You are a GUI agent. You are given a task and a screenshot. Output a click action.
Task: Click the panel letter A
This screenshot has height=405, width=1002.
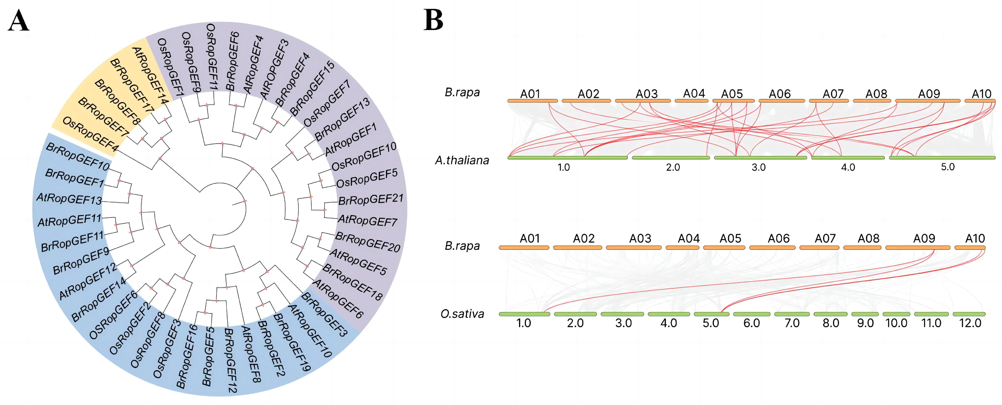pos(18,21)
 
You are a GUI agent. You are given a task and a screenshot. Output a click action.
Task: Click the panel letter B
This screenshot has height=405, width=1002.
pos(433,20)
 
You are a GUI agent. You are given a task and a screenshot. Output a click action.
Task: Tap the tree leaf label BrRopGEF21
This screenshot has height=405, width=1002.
pos(371,200)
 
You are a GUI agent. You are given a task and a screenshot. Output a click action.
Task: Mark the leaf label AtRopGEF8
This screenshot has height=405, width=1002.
pos(251,354)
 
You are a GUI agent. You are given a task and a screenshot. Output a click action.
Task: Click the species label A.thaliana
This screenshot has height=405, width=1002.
pos(462,160)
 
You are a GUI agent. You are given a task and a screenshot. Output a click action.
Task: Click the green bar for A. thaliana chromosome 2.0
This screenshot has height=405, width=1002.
pos(671,157)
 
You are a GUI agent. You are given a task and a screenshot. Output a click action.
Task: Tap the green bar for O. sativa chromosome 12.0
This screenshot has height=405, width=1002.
pos(969,314)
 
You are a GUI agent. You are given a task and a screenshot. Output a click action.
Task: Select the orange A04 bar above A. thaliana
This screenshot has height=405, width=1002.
pos(691,101)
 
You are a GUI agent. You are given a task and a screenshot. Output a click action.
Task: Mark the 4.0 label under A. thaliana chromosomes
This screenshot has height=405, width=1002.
pos(848,168)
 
